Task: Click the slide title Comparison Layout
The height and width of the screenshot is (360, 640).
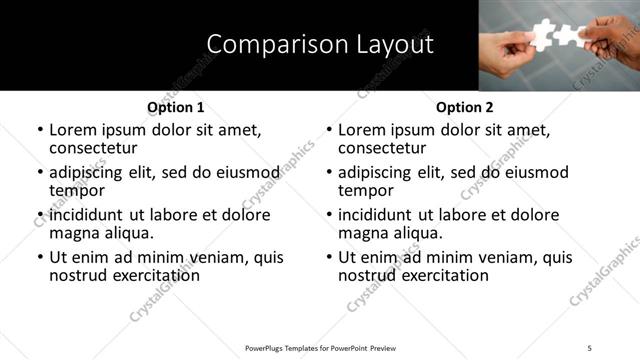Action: click(320, 45)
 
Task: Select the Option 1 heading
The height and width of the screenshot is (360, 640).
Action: click(175, 107)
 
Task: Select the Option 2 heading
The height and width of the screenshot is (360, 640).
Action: click(464, 107)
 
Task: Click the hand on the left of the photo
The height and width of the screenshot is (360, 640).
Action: click(509, 49)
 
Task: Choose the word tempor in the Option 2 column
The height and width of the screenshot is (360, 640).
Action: click(365, 192)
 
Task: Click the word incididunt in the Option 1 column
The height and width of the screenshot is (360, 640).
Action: click(87, 215)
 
